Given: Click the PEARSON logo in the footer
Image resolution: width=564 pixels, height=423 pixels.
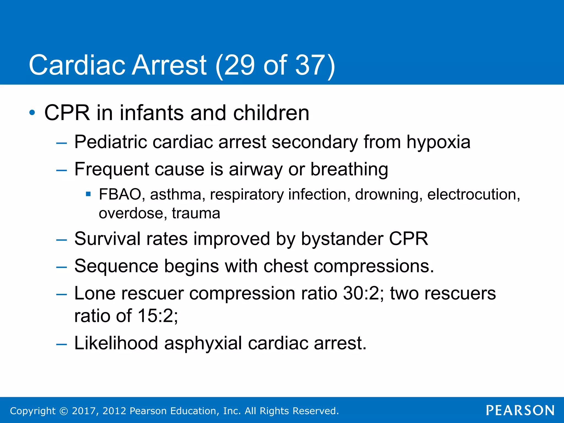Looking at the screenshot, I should click(520, 410).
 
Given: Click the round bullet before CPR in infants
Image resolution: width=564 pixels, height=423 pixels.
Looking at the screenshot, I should click(32, 113).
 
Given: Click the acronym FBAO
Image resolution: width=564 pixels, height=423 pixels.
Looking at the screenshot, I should click(120, 194).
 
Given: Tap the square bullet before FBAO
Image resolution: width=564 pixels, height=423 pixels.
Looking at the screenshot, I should click(88, 194).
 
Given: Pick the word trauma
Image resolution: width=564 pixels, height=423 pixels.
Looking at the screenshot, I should click(196, 213).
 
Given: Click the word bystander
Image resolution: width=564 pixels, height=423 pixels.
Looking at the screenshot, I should click(342, 239).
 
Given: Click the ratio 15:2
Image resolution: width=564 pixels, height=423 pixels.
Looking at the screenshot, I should click(158, 316).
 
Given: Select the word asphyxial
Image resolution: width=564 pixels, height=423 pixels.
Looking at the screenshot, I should click(203, 343).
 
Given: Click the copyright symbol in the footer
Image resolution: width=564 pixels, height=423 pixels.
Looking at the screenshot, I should click(64, 411).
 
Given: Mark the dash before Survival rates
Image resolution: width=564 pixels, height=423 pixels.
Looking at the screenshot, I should click(61, 240).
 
